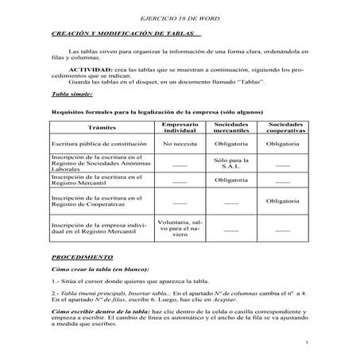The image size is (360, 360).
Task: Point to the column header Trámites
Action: click(100, 128)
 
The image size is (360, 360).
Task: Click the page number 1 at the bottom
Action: click(306, 343)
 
